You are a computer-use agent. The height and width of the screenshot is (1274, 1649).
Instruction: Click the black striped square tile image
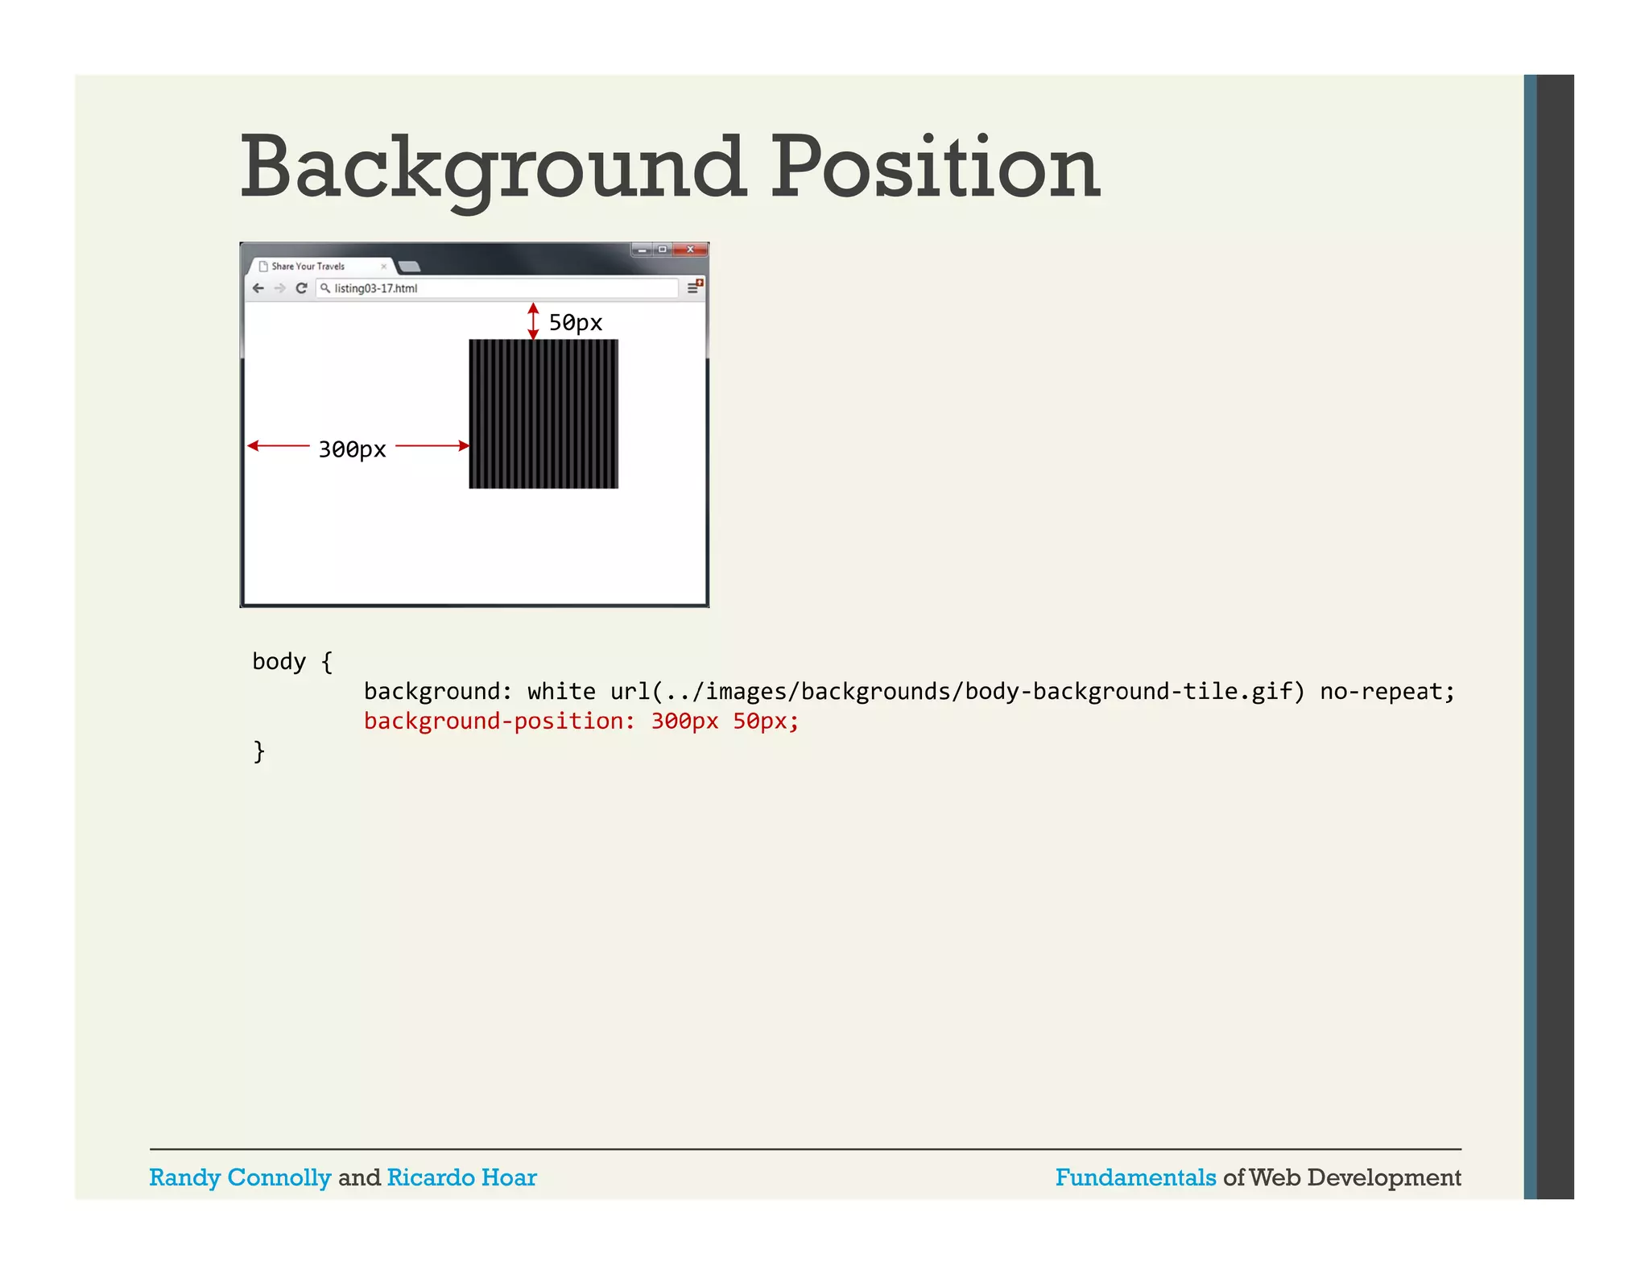click(x=543, y=413)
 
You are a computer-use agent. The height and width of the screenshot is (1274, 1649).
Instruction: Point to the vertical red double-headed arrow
click(x=533, y=321)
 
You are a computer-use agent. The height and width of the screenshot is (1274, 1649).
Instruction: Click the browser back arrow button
click(x=258, y=288)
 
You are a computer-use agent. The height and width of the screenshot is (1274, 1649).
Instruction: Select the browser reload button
click(x=301, y=288)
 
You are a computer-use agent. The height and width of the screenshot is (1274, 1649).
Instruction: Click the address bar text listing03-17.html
click(x=375, y=288)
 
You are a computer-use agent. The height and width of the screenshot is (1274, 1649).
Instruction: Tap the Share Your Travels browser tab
click(x=308, y=267)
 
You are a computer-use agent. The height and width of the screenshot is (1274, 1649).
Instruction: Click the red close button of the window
click(x=690, y=250)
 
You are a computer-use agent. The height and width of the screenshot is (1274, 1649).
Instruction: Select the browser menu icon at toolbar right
click(x=692, y=287)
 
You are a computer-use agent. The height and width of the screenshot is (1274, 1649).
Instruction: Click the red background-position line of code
click(x=581, y=721)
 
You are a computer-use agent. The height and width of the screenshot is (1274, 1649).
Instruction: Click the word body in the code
click(x=279, y=662)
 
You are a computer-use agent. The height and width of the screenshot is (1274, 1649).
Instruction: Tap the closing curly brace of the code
click(x=258, y=751)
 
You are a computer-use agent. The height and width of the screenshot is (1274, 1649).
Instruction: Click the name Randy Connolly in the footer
click(x=240, y=1177)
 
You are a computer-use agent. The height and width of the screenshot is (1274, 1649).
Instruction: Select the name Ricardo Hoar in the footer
click(x=461, y=1177)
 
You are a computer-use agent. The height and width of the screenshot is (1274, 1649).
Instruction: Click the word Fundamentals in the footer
click(x=1135, y=1177)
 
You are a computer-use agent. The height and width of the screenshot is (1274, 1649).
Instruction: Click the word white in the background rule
click(x=561, y=691)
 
